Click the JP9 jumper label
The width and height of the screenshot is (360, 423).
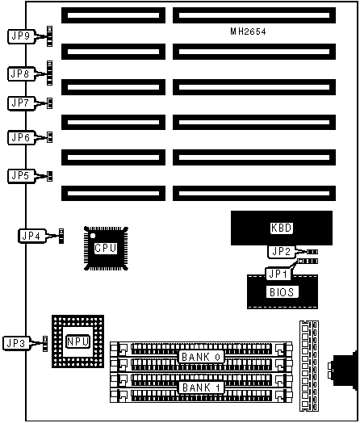(x=21, y=36)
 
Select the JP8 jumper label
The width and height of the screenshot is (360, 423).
(x=21, y=73)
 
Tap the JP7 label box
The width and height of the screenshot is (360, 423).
(x=21, y=103)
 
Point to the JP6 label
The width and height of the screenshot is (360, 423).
(x=21, y=137)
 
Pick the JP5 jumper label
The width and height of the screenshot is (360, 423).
(x=21, y=176)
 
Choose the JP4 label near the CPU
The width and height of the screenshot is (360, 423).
(x=31, y=236)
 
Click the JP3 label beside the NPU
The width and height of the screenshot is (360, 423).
(x=16, y=343)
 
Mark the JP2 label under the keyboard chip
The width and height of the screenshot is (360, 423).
(x=281, y=251)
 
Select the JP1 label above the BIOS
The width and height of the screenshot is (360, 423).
(x=278, y=274)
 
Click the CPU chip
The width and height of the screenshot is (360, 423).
(x=106, y=248)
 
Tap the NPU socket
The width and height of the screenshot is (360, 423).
(x=78, y=341)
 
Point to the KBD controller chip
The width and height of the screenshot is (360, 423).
(x=282, y=228)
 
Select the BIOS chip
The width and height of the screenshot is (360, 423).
(x=283, y=292)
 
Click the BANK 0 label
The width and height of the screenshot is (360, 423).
(x=201, y=357)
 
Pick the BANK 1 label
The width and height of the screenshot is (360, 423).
(x=201, y=387)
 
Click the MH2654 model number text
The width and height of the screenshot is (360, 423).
(x=248, y=31)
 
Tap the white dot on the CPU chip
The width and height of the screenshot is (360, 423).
(x=93, y=236)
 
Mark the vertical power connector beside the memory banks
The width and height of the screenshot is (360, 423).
(x=309, y=366)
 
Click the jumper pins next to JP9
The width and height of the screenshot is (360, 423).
(x=49, y=36)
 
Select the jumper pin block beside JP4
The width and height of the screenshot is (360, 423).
(x=61, y=236)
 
